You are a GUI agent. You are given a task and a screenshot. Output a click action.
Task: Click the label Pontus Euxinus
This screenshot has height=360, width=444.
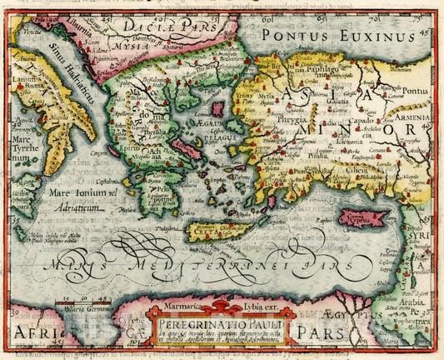[x=337, y=36]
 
